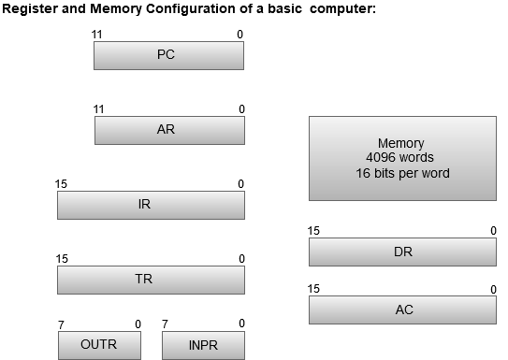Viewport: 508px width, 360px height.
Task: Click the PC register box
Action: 168,55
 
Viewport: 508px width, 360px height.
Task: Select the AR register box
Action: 169,130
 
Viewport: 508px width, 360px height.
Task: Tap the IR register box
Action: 150,205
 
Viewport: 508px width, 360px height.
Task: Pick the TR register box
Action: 150,279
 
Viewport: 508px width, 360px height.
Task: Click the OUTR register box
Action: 99,345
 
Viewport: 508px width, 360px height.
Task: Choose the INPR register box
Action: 202,345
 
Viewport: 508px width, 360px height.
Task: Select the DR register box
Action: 402,252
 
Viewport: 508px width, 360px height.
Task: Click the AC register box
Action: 402,310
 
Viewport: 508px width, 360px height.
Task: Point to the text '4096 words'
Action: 401,158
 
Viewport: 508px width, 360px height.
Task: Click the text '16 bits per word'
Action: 401,173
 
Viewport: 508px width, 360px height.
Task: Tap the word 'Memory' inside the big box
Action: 401,143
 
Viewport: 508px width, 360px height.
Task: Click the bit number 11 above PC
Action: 98,34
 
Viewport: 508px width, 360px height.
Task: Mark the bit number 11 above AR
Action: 98,109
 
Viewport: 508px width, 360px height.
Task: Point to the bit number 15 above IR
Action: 62,184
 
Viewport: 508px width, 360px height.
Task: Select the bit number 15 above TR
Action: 62,258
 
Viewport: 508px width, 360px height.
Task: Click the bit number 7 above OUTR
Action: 62,324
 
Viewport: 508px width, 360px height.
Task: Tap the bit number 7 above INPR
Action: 165,324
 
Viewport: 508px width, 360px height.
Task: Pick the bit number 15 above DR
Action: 314,231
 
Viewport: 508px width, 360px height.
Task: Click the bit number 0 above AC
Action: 493,290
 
